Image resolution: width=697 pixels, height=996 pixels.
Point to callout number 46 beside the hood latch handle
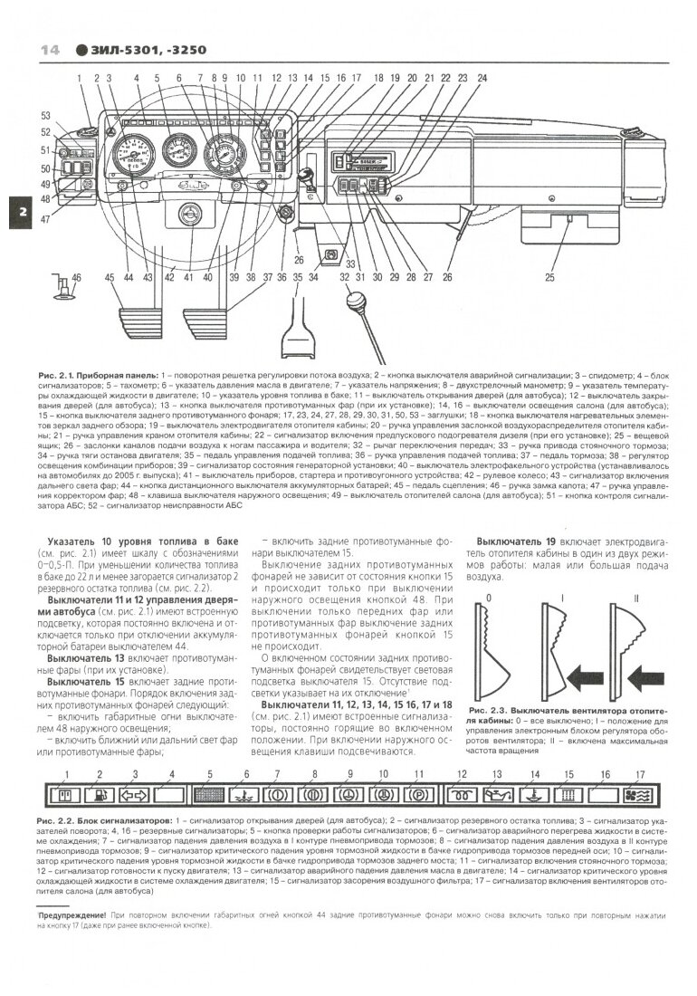76,277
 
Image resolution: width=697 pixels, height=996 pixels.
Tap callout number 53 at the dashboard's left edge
45,116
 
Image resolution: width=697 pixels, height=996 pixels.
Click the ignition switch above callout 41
190,215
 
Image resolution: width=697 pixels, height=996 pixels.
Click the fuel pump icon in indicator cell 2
100,798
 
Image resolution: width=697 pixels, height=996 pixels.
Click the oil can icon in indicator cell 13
497,798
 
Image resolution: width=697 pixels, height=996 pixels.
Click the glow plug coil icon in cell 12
462,798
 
